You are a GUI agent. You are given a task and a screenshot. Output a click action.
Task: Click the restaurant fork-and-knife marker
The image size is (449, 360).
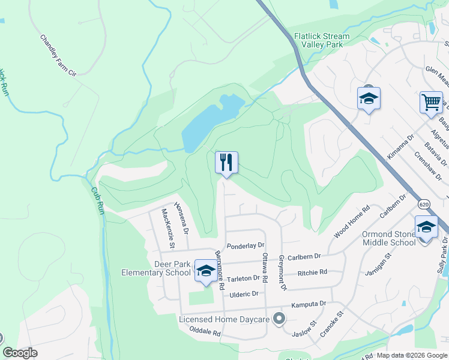tap(226, 162)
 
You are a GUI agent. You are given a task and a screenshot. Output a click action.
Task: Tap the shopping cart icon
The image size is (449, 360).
tap(431, 103)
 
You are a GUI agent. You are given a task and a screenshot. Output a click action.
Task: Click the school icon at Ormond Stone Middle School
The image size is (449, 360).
tap(426, 228)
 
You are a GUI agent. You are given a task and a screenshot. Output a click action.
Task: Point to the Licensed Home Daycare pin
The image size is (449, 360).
tap(278, 319)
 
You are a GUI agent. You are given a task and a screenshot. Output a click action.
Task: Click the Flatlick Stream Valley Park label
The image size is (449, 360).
tap(322, 40)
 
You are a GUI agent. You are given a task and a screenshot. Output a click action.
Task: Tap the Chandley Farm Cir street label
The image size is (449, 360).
tap(58, 55)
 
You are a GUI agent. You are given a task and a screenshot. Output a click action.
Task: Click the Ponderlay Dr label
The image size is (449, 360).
tap(246, 245)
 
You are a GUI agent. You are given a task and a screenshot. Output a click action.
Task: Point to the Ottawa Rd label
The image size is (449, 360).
tap(265, 268)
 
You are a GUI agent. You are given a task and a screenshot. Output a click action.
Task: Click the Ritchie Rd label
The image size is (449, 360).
tap(312, 272)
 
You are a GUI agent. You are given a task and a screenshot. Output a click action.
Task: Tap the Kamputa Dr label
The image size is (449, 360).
tap(308, 304)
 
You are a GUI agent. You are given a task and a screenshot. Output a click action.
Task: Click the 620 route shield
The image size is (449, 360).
tap(424, 205)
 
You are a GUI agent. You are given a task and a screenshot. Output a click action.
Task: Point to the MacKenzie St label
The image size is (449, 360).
tap(167, 229)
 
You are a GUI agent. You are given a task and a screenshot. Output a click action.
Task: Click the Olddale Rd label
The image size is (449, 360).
tap(205, 332)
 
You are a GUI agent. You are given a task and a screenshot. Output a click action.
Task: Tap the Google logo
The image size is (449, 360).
tap(20, 353)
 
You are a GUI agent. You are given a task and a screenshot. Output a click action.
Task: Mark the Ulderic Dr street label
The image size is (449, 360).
tap(243, 293)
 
